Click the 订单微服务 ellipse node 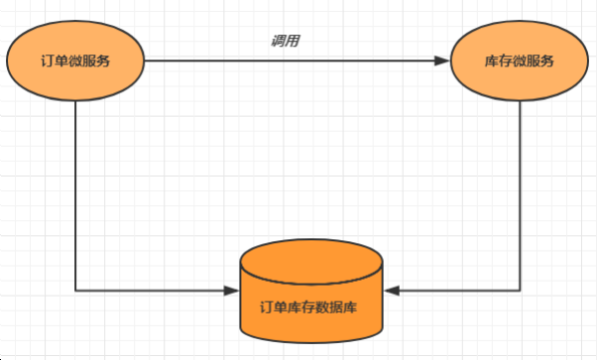click(x=75, y=60)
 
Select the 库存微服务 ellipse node click(x=521, y=60)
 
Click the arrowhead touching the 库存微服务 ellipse click(x=442, y=60)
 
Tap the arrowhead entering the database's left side click(x=234, y=291)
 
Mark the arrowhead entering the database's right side click(x=390, y=291)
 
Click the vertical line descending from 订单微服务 click(x=75, y=198)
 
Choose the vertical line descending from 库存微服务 click(x=521, y=198)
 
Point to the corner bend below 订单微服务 click(x=75, y=291)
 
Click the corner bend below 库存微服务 click(x=521, y=291)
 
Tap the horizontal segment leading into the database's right click(x=456, y=291)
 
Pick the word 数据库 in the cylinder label click(x=337, y=307)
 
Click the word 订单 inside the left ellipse click(x=56, y=60)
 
